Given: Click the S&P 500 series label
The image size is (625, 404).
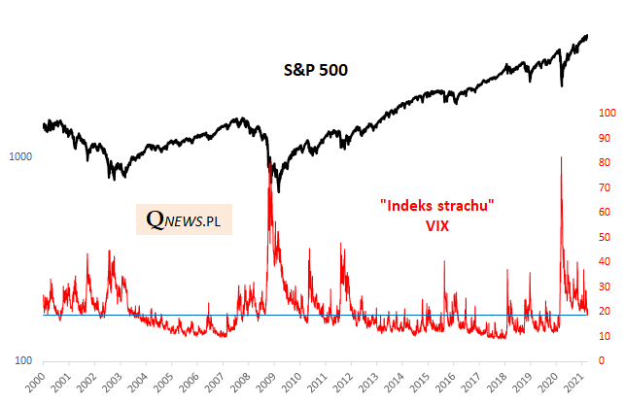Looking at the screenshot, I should coord(315,70).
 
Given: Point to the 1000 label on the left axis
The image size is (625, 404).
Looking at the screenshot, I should coord(20,157).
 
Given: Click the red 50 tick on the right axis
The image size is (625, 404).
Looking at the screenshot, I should coord(606,237).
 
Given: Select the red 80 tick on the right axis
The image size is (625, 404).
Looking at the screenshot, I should coord(606,162).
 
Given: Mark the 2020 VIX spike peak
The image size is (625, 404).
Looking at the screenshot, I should coord(561,157).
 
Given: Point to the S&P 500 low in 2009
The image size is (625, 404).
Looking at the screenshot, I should coord(278,191).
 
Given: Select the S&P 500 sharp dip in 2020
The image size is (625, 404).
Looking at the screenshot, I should coord(562,85).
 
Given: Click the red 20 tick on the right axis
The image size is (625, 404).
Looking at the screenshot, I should coord(606,311).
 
